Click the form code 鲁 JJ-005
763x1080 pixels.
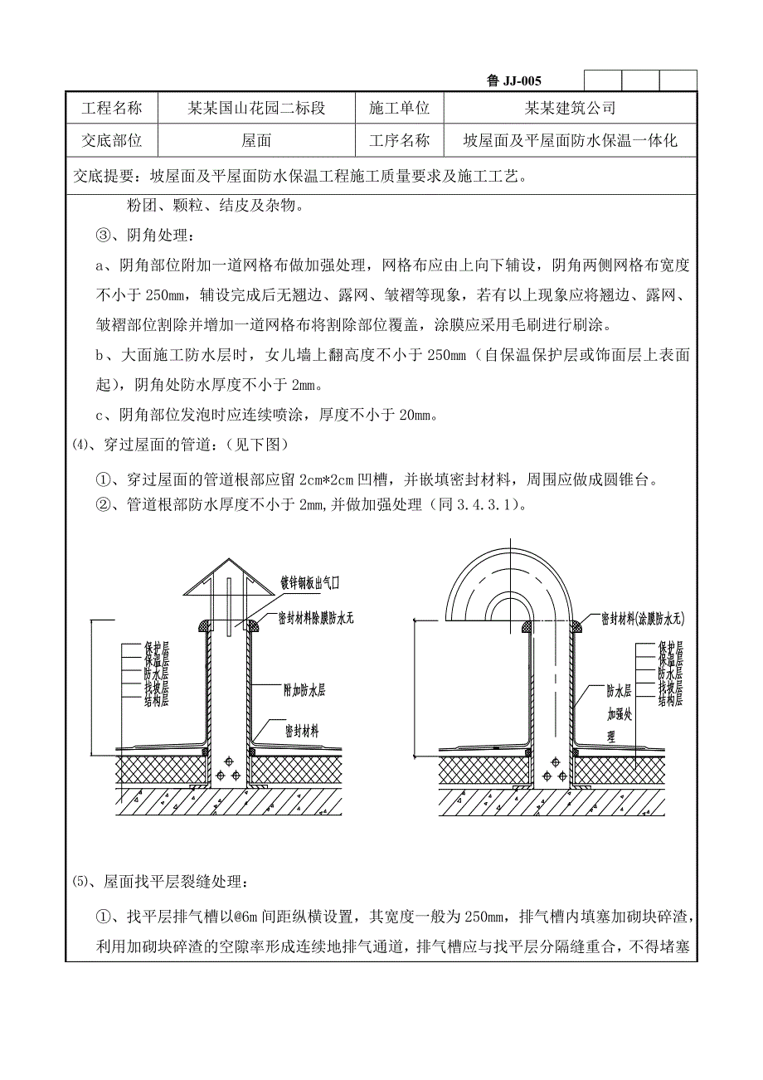coord(514,80)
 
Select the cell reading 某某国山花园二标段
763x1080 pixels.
coord(256,108)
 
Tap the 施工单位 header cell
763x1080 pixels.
coord(399,108)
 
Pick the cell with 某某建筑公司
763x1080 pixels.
coord(570,108)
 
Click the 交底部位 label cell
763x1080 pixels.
coord(112,141)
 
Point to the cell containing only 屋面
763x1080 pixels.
coord(256,141)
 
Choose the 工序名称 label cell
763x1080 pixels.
coord(399,141)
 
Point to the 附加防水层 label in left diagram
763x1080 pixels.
coord(304,689)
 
